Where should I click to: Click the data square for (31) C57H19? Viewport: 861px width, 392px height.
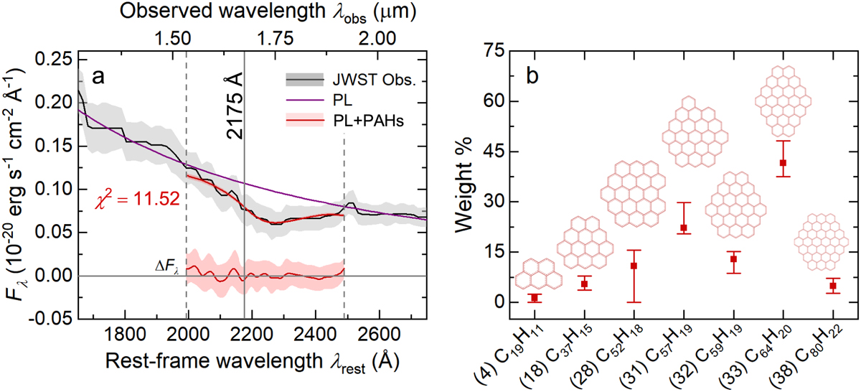coord(684,228)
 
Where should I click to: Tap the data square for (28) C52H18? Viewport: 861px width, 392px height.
coord(634,266)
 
